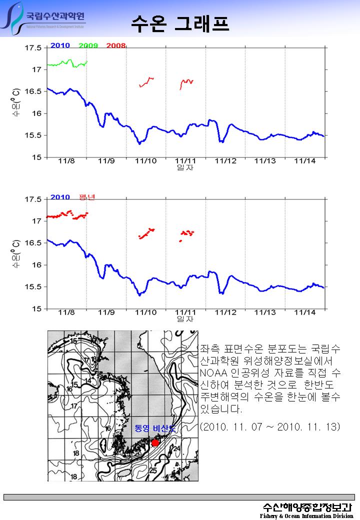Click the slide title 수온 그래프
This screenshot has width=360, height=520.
(180, 22)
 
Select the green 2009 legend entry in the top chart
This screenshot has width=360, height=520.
(88, 45)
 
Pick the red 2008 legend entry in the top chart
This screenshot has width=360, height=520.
(116, 45)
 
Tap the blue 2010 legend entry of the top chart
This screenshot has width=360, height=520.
(60, 45)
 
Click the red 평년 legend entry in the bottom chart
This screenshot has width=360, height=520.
(87, 197)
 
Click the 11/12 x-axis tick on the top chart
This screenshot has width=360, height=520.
(225, 161)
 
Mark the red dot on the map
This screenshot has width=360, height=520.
(155, 443)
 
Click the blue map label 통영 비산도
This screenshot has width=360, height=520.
(155, 428)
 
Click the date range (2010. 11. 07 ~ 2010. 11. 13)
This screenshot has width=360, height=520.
(269, 426)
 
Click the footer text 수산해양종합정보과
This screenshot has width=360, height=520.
(307, 506)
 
